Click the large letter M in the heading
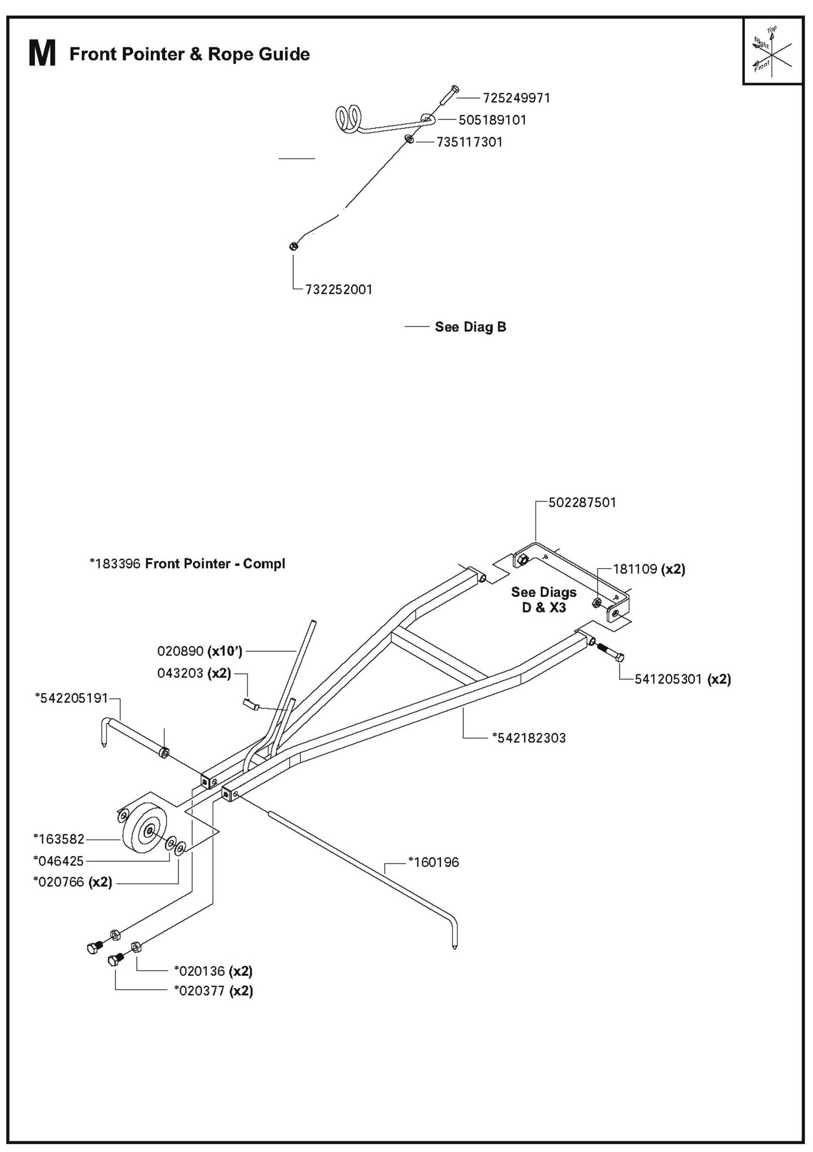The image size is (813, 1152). point(42,55)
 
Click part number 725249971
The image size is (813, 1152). point(516,98)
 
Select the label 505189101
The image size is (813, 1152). point(492,120)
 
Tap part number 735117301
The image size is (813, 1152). point(469,142)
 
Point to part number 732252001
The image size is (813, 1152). point(339,289)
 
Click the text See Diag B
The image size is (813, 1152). point(470,327)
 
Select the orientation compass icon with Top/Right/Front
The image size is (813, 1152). point(772,51)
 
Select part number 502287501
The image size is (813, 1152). point(582,502)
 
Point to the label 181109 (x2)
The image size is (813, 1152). point(649,569)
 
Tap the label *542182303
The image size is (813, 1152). point(528,738)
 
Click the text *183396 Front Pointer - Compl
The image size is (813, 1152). point(187,564)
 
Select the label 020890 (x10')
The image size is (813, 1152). point(200,652)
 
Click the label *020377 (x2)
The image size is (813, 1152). point(213,990)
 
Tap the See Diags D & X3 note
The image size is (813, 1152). point(544,600)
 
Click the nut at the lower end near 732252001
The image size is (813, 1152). point(293,246)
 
